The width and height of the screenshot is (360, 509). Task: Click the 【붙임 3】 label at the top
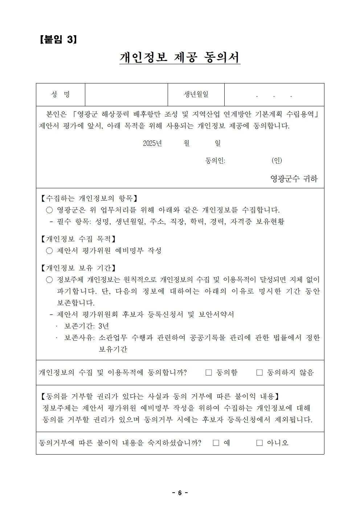(x=58, y=39)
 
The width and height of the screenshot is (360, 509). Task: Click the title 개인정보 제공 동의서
(x=180, y=57)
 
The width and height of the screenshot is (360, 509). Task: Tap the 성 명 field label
(x=61, y=95)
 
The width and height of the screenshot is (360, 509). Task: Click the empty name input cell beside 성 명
(x=126, y=95)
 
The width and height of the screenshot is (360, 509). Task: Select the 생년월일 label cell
(x=196, y=95)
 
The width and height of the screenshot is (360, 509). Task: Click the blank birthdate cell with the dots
(x=274, y=95)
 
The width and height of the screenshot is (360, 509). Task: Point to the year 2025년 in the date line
(x=152, y=143)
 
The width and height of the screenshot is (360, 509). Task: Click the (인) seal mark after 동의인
(x=277, y=160)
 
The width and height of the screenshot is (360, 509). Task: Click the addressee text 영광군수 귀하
(x=294, y=178)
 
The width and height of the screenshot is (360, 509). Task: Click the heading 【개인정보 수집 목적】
(x=78, y=239)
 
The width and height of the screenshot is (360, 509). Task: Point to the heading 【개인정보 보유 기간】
(x=78, y=268)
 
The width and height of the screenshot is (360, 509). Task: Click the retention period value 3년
(x=103, y=326)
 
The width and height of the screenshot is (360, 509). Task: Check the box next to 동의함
(x=209, y=373)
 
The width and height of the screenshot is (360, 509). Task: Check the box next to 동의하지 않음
(x=259, y=373)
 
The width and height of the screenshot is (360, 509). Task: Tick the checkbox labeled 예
(x=216, y=443)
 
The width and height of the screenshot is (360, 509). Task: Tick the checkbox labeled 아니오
(x=259, y=443)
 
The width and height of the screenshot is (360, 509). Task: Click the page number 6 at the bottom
(x=180, y=493)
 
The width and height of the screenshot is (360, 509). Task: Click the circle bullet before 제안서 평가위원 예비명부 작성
(x=49, y=251)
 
